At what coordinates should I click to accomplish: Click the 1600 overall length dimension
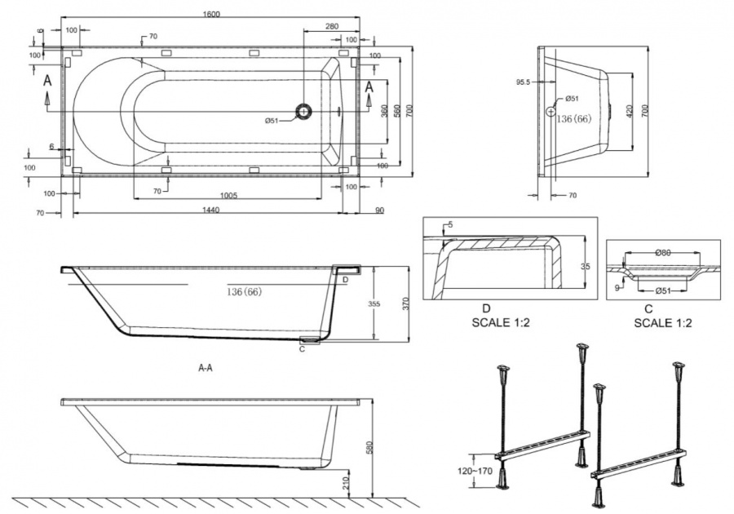click(211, 14)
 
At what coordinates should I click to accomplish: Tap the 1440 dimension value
click(210, 210)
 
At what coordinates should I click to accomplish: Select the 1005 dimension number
click(228, 195)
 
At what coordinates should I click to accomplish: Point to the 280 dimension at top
click(331, 27)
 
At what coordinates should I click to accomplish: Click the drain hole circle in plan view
click(304, 111)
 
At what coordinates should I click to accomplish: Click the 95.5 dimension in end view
click(523, 82)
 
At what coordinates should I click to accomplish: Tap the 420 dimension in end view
click(630, 111)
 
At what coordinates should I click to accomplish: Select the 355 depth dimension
click(374, 304)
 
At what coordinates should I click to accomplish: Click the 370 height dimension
click(405, 304)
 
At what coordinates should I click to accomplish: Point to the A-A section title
click(206, 368)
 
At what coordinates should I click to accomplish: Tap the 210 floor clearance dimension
click(346, 484)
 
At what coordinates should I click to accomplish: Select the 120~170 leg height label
click(475, 471)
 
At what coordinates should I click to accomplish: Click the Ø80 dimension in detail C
click(663, 253)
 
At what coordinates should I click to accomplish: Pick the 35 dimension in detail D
click(585, 266)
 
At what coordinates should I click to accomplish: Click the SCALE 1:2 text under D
click(501, 322)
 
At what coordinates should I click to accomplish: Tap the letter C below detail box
click(648, 309)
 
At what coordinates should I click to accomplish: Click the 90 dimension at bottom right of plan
click(379, 210)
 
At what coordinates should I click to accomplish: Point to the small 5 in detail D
click(450, 225)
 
